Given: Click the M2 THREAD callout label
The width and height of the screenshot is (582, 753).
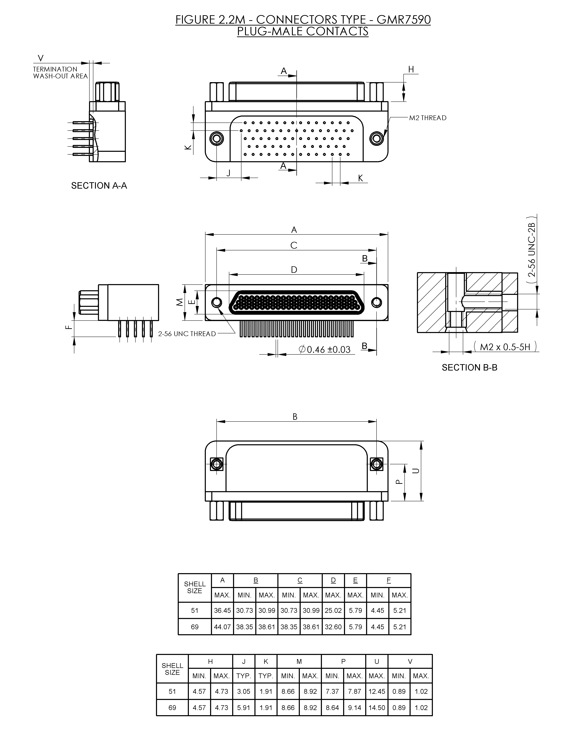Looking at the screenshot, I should pos(427,118).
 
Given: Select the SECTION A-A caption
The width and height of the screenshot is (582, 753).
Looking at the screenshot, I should pos(99,186).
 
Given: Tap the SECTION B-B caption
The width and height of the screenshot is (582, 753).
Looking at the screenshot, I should pos(469,368).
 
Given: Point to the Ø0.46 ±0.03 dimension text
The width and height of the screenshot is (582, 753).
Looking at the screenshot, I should pos(324,350).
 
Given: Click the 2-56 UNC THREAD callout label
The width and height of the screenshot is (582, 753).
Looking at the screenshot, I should pos(187,334).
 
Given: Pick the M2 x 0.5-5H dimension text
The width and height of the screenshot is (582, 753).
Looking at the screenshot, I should pos(505,347).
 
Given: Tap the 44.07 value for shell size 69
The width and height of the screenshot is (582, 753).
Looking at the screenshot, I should pos(222,627).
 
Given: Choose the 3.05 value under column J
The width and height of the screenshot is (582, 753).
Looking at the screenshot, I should pos(243,691).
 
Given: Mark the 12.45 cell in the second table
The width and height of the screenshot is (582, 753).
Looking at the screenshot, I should pos(376,691).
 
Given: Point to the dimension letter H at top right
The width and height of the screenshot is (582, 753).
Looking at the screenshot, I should pos(411,69).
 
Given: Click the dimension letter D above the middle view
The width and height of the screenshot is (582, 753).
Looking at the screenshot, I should pos(294,270).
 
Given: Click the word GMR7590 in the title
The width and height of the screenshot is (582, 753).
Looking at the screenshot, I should pos(404,20).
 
